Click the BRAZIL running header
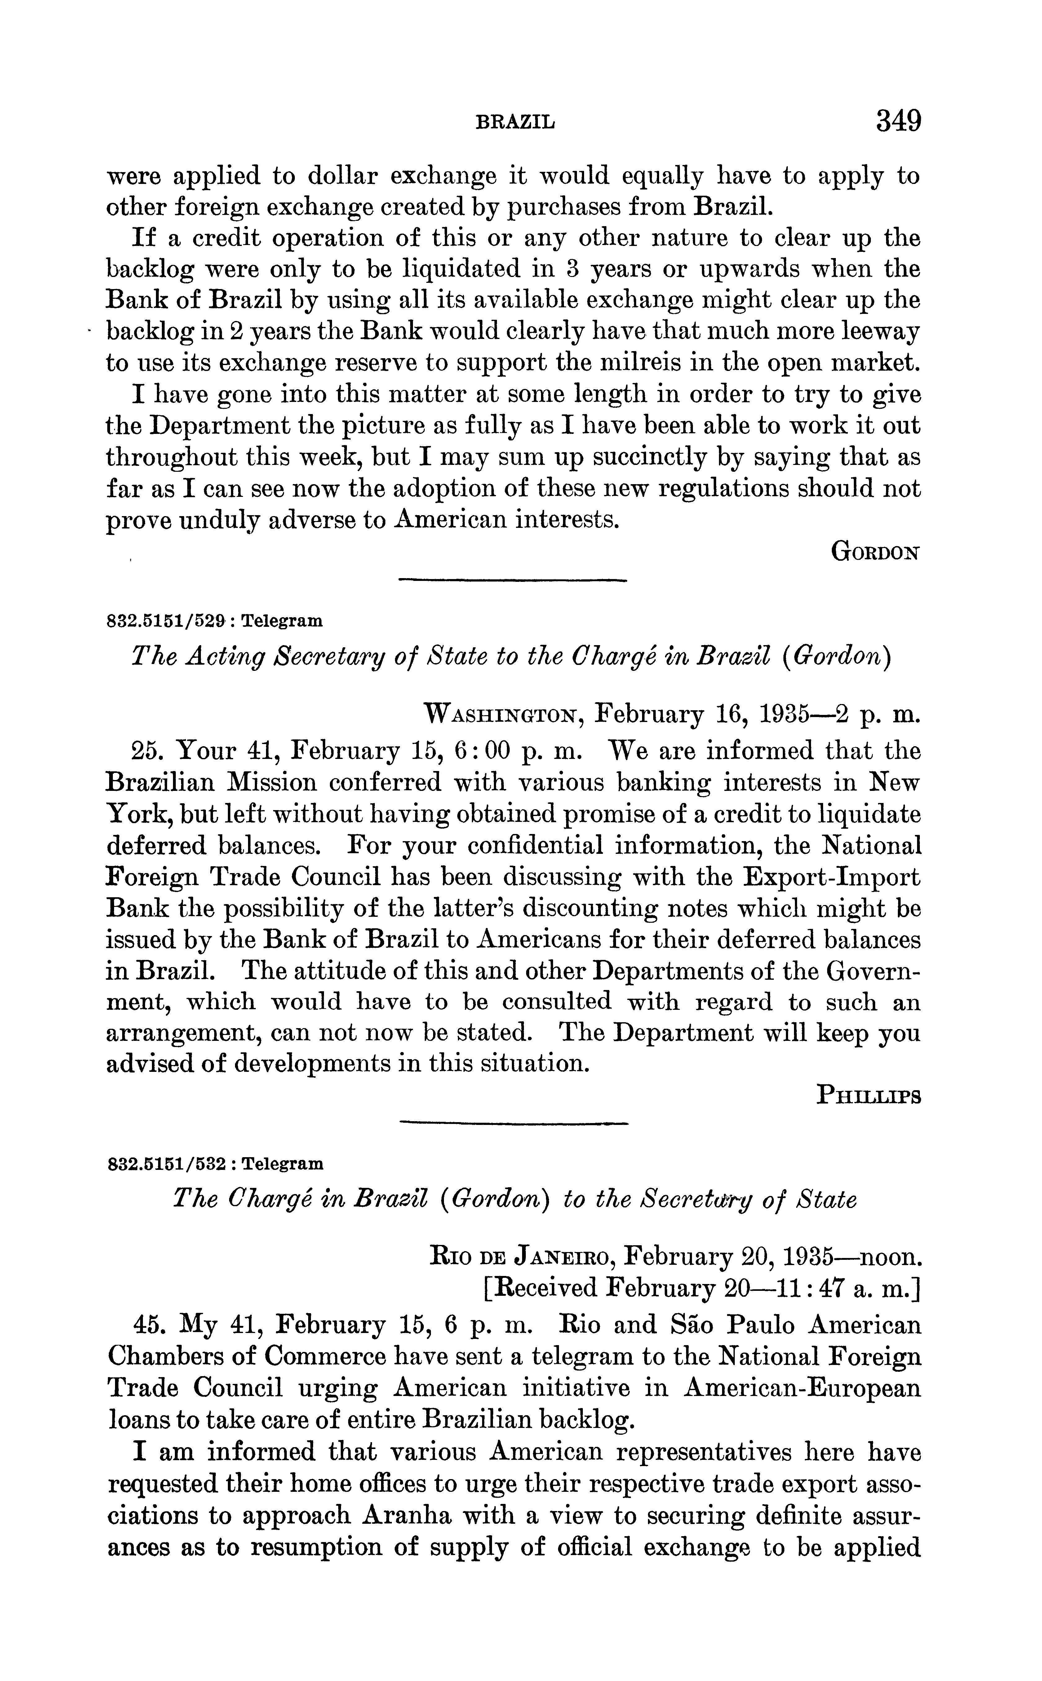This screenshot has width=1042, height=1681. (516, 123)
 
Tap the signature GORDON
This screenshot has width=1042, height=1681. (875, 552)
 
